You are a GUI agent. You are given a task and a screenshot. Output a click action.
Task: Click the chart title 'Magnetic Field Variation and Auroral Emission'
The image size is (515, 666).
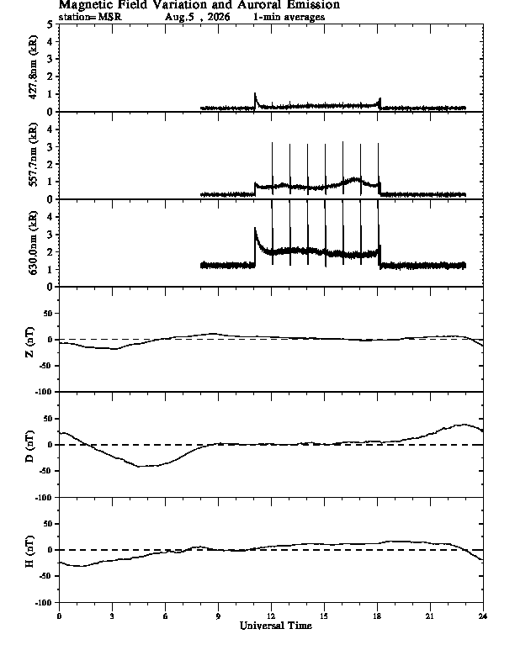(x=199, y=5)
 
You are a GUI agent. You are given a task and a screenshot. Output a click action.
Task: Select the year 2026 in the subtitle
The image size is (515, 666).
(x=219, y=17)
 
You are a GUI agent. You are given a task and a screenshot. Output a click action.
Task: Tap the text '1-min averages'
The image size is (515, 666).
(x=289, y=17)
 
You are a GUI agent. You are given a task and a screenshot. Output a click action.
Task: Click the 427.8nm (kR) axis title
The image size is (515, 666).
(x=33, y=67)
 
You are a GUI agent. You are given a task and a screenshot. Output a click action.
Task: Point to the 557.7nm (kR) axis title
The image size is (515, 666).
(x=33, y=155)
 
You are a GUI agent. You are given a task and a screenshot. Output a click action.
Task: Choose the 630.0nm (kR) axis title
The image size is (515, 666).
(x=33, y=242)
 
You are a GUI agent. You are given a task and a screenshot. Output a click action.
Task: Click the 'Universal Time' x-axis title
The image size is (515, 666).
(x=276, y=626)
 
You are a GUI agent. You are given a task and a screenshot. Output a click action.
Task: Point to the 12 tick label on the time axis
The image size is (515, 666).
(x=271, y=616)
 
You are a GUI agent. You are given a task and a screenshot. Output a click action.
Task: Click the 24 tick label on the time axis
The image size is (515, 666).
(x=483, y=616)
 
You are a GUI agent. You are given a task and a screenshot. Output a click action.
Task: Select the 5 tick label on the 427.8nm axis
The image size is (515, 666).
(x=50, y=24)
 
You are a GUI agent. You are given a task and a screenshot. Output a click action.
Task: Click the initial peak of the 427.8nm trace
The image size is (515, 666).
(x=255, y=93)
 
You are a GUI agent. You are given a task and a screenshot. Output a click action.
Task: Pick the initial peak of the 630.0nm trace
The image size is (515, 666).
(x=255, y=228)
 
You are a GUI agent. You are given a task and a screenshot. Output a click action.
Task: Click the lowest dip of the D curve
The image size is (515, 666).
(x=140, y=467)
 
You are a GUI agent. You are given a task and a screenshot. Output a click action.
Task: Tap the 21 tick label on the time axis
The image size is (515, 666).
(x=430, y=616)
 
